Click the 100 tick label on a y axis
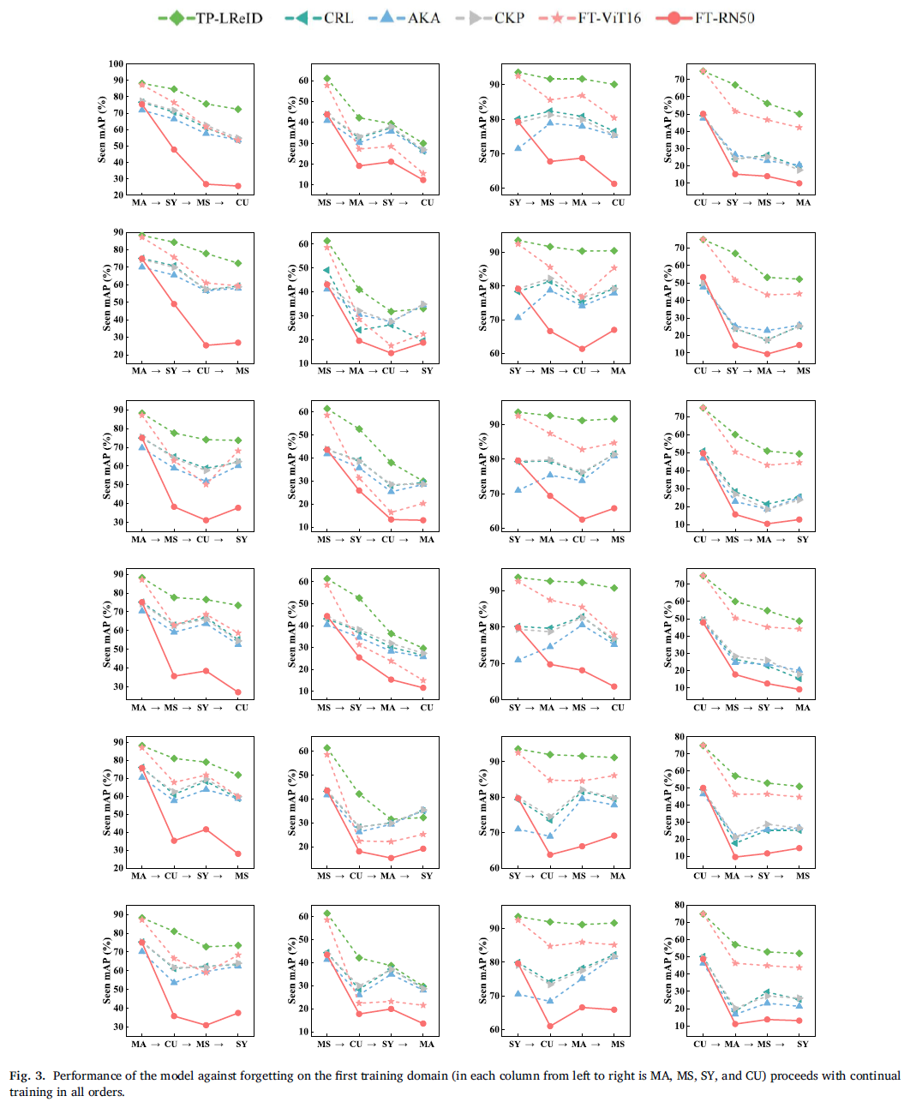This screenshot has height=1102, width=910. (x=115, y=64)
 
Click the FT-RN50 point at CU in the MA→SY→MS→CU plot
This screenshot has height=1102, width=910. (x=238, y=186)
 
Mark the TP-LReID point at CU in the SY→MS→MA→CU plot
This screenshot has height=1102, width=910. (x=614, y=84)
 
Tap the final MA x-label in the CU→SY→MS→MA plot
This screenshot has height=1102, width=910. (x=802, y=203)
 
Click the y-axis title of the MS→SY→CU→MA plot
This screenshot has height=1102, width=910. (x=293, y=467)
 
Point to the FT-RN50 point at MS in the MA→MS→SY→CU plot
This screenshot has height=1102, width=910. (x=174, y=676)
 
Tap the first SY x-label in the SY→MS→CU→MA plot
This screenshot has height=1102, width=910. (x=515, y=371)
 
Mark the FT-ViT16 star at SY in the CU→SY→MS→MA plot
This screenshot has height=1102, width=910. (x=734, y=111)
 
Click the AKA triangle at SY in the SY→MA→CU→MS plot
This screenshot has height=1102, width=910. (x=517, y=490)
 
